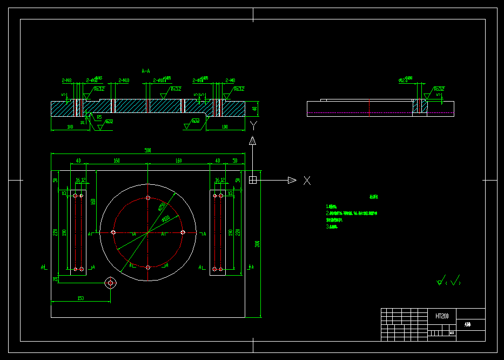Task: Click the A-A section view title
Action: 146,71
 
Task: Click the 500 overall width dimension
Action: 147,150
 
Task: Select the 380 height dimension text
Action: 258,244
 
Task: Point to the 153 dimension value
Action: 80,298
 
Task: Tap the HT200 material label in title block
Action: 442,316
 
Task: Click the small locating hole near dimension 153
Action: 110,282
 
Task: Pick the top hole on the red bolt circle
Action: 147,198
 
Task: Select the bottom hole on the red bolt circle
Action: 147,267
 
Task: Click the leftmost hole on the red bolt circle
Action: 113,232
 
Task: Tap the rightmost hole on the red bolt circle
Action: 183,232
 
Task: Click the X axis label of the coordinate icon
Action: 307,181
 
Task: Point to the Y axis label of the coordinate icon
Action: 253,126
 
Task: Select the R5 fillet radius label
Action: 99,116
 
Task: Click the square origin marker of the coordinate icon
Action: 252,180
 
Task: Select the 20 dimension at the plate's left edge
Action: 55,279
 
